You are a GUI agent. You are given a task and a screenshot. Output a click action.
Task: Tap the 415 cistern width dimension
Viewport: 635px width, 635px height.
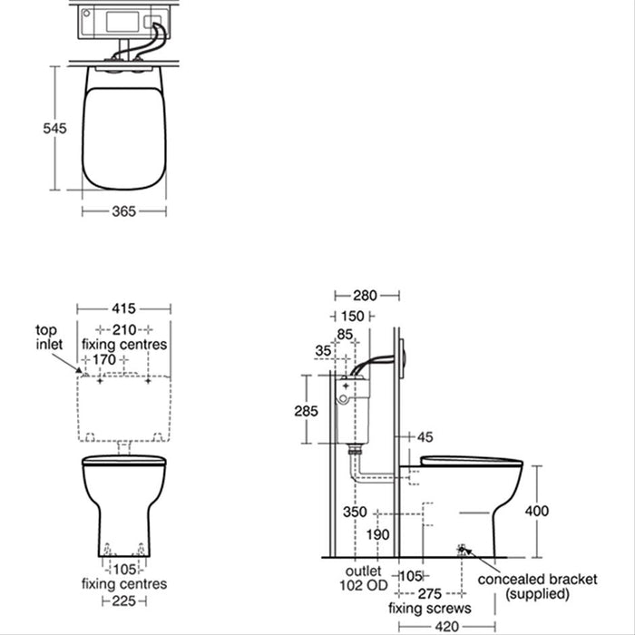(123, 308)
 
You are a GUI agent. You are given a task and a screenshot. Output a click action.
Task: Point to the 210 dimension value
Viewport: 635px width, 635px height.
(124, 328)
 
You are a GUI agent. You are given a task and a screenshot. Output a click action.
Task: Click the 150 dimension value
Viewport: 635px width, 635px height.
(352, 316)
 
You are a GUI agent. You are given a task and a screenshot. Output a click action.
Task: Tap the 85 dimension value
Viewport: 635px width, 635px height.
(346, 335)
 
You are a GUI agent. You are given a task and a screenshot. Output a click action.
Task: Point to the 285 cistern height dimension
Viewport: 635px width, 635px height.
(307, 410)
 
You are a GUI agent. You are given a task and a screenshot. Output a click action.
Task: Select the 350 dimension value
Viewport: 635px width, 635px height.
(355, 513)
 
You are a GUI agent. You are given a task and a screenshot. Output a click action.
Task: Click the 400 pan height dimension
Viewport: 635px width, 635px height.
(537, 511)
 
